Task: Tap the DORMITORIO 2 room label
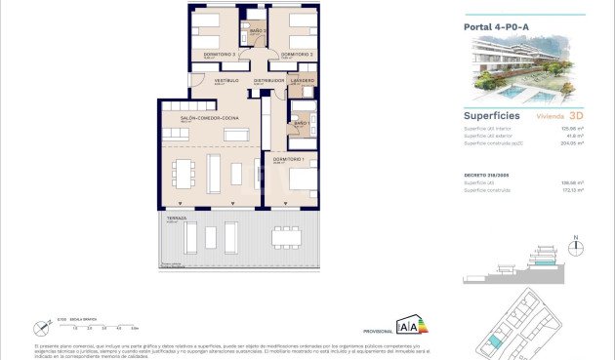pyautogui.click(x=296, y=54)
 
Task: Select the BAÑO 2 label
pyautogui.click(x=258, y=32)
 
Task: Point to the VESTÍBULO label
pyautogui.click(x=226, y=81)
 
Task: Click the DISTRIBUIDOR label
pyautogui.click(x=268, y=81)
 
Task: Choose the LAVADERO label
pyautogui.click(x=302, y=81)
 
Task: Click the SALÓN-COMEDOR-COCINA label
pyautogui.click(x=204, y=118)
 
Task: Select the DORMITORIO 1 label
pyautogui.click(x=289, y=159)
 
